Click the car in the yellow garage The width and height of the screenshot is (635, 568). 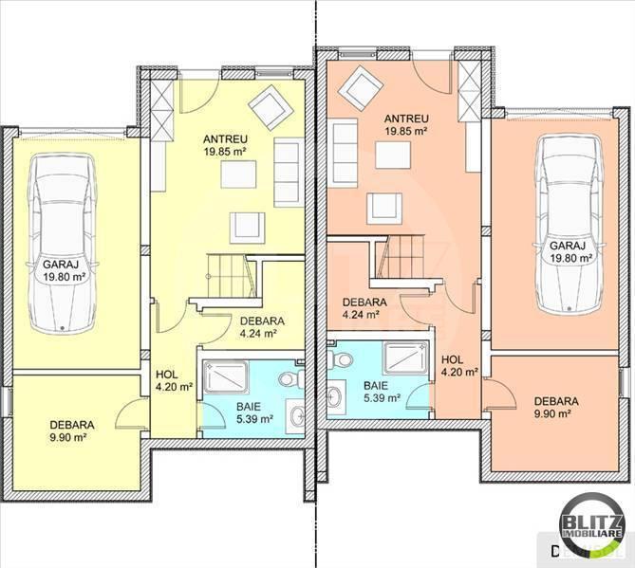(62, 244)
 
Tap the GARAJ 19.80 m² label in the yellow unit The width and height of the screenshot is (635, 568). (64, 270)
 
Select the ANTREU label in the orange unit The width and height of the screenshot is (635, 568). (406, 119)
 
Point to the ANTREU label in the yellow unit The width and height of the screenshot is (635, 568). (226, 139)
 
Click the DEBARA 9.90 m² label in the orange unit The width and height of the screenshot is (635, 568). (556, 408)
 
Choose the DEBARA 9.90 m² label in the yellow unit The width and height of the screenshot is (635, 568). (72, 431)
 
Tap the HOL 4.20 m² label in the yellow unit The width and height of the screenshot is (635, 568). (174, 381)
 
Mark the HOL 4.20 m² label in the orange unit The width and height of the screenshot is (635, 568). (459, 365)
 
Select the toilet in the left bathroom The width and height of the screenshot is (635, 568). (291, 378)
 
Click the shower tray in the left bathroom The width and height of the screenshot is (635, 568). (227, 376)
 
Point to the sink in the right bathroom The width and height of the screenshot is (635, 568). (336, 397)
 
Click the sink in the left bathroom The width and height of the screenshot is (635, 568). (296, 417)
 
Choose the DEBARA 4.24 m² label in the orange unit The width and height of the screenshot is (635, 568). (364, 308)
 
